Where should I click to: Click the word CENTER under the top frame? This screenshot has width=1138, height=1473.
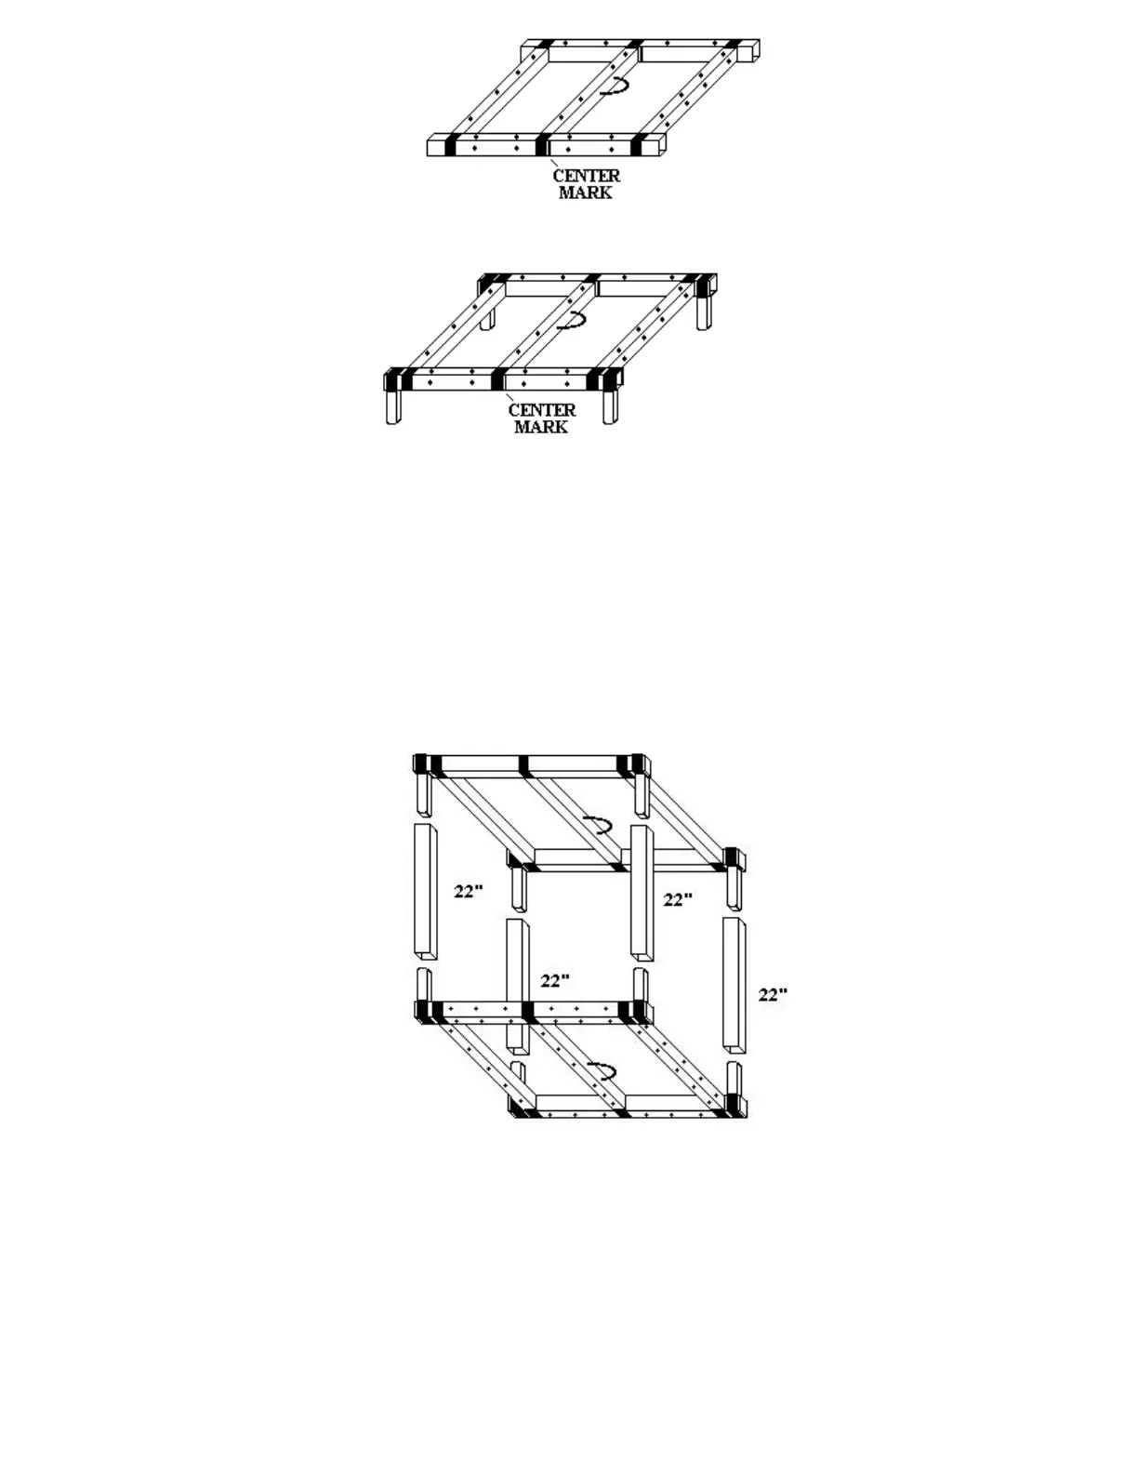coord(586,175)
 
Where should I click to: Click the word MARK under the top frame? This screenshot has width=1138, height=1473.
coord(586,192)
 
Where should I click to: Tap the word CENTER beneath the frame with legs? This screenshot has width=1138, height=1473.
coord(541,409)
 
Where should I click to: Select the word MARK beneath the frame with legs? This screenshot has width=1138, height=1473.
coord(541,427)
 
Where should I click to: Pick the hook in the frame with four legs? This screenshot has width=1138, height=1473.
coord(571,322)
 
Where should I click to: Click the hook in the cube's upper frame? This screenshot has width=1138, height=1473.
coord(597,825)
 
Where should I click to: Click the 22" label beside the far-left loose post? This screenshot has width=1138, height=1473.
coord(469,891)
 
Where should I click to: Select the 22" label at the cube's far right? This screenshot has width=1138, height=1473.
coord(773,994)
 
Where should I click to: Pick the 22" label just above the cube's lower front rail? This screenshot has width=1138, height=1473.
coord(555,980)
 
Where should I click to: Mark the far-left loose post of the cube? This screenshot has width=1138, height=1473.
coord(425,890)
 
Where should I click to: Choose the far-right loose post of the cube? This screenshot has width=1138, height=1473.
coord(734,984)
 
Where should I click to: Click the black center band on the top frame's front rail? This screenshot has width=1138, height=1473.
coord(542,145)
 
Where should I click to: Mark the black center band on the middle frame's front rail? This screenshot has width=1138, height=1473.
coord(498,379)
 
